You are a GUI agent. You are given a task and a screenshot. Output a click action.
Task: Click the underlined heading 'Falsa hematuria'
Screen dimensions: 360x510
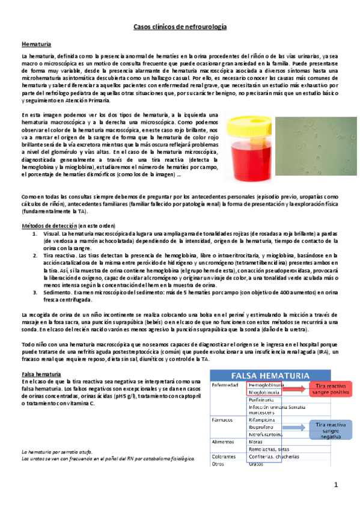[40, 375]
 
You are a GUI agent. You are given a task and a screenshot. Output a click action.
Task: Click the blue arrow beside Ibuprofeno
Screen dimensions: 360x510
[294, 428]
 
